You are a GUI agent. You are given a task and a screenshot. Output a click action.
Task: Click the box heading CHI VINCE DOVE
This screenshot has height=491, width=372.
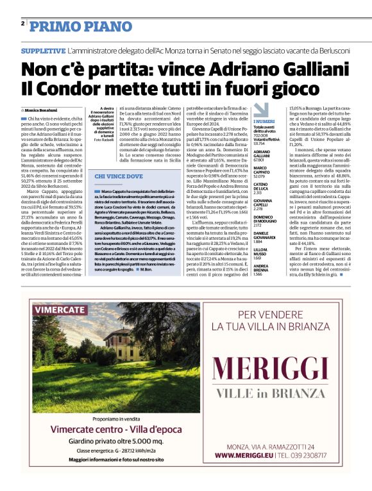[119, 174]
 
